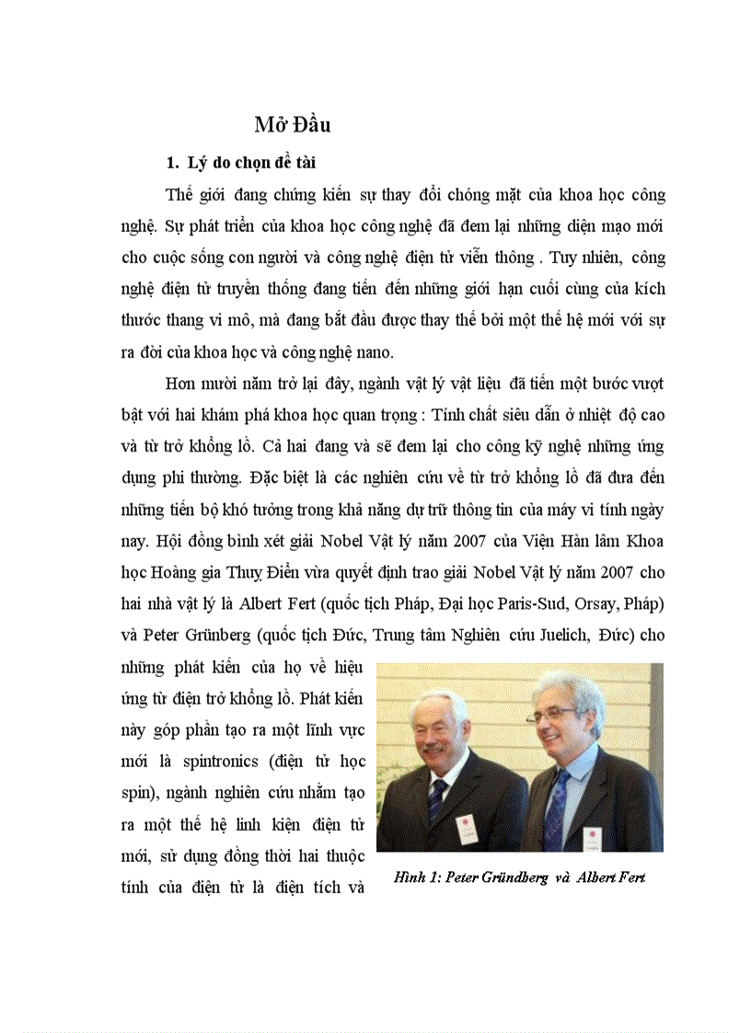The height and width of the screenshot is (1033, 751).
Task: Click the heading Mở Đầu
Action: [293, 125]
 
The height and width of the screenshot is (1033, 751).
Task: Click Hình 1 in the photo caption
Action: [412, 877]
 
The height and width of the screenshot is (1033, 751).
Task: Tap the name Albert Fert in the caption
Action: [611, 877]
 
